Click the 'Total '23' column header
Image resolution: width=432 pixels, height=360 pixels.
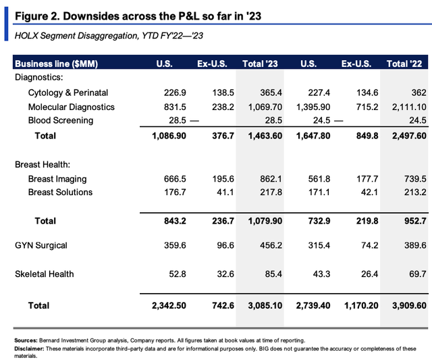tap(260, 64)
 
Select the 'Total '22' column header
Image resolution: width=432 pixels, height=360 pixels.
tap(404, 64)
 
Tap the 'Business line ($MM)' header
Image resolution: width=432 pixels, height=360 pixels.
tap(57, 64)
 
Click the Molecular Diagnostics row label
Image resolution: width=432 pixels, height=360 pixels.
tap(72, 107)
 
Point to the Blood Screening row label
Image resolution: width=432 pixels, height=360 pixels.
tap(61, 120)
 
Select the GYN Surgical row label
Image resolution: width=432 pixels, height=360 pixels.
tap(41, 245)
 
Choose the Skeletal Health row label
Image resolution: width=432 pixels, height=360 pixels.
tap(45, 274)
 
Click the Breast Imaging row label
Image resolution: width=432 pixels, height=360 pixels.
tap(57, 179)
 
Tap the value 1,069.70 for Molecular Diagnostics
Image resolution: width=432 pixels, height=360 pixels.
tap(265, 107)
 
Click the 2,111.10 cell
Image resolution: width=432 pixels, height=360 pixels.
tap(409, 107)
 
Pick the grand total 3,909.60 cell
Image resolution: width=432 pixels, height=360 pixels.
tap(409, 306)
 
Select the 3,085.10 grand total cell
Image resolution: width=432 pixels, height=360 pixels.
tap(265, 306)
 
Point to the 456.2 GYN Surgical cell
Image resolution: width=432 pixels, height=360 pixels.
tap(271, 245)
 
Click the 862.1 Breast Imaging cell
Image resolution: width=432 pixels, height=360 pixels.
tap(271, 179)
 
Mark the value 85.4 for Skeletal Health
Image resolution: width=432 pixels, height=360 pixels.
tap(273, 274)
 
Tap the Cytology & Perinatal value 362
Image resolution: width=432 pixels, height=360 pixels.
tap(418, 93)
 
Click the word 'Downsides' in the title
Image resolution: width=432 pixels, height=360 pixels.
tap(90, 16)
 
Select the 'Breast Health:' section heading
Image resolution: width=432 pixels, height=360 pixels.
tap(43, 165)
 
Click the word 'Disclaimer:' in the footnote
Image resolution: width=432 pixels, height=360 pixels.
tap(29, 349)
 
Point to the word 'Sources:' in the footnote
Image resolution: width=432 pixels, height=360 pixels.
tap(26, 340)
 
